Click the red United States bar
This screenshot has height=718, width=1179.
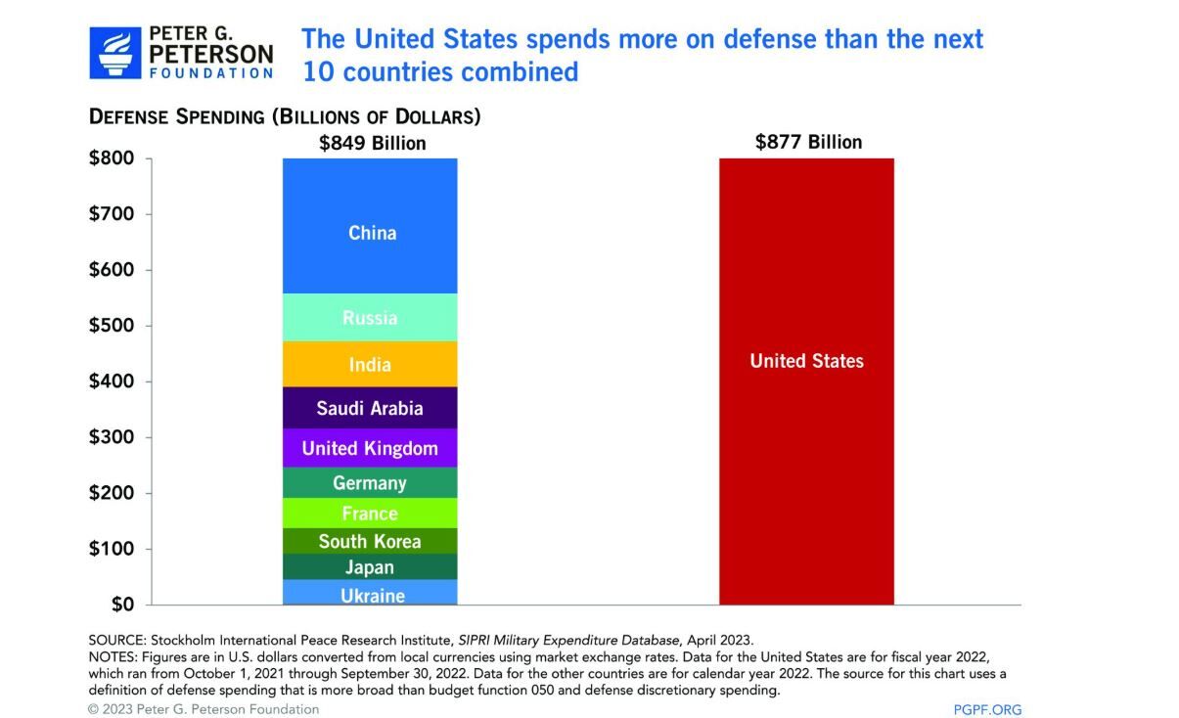point(806,381)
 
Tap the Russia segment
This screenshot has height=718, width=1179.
point(370,318)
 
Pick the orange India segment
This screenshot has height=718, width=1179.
point(370,364)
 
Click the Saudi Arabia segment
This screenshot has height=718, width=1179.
point(370,408)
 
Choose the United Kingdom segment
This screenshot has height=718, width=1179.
point(370,448)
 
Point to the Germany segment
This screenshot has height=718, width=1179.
point(370,482)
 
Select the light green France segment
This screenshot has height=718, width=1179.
point(370,514)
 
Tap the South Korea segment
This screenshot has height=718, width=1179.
point(370,541)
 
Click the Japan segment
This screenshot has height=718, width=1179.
point(370,567)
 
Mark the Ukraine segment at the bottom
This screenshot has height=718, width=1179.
point(370,593)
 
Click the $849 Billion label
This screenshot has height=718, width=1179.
point(373,143)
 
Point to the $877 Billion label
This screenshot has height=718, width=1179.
point(808,142)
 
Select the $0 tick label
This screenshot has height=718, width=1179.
point(121,605)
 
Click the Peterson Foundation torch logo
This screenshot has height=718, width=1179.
point(115,53)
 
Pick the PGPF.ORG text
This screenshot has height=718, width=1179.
point(987,709)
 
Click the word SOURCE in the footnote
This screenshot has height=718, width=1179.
point(115,640)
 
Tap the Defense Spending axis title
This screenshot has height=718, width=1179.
point(285,116)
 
